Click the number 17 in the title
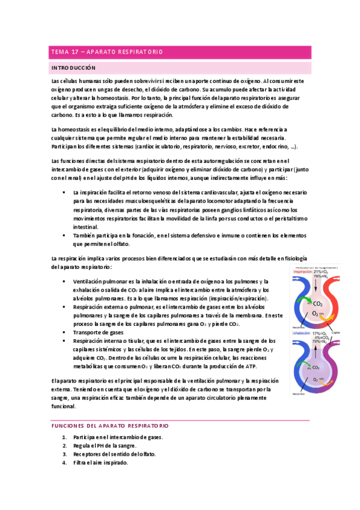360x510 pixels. tap(77, 52)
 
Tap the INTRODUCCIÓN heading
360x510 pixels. tap(73, 68)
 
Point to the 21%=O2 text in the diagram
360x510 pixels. tap(321, 271)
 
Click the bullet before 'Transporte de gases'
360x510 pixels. tap(64, 332)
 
